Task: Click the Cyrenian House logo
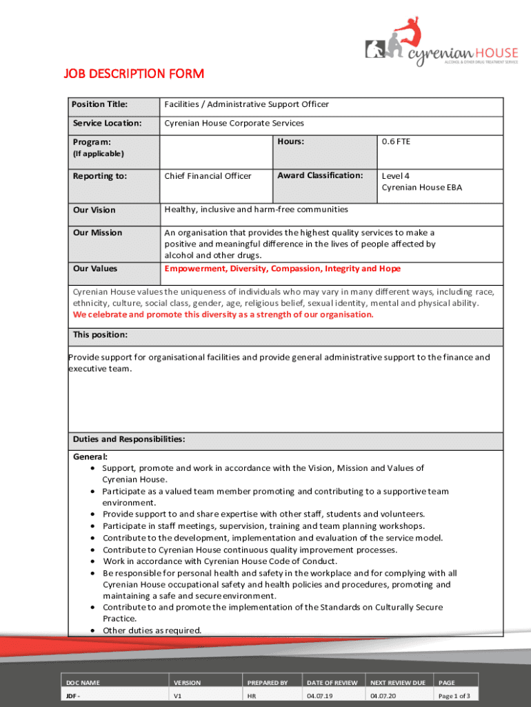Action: point(441,43)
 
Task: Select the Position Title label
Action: point(101,105)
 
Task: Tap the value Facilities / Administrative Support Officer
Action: point(246,105)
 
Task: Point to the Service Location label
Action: point(107,124)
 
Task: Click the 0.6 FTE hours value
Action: point(396,142)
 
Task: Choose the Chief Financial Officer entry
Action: point(208,176)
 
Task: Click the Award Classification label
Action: point(320,175)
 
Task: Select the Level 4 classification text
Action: point(396,176)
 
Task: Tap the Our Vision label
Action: point(94,210)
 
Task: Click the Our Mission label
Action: point(97,233)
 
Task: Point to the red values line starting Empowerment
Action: point(282,269)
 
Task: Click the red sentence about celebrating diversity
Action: point(223,314)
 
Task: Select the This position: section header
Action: point(100,335)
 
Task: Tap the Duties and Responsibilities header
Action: point(129,439)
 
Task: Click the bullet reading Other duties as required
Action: point(152,630)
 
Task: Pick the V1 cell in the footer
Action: point(178,696)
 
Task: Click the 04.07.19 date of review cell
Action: point(320,696)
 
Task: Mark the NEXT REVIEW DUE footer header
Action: point(398,683)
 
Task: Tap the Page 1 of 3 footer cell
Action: point(454,696)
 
